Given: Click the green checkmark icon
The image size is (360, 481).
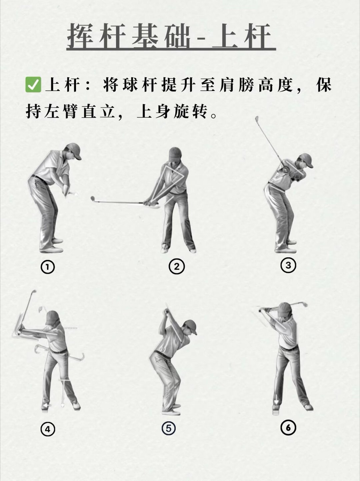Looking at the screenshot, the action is coord(33,85).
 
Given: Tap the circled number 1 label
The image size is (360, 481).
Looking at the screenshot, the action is coord(48,267).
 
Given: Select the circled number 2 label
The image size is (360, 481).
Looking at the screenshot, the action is coord(177,267).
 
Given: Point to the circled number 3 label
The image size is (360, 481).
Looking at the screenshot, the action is coord(288,265).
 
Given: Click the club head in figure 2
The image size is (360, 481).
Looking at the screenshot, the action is coord(93,199).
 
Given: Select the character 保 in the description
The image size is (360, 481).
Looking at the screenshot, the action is coord(324,85).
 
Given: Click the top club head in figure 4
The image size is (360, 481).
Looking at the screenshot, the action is coord(34,292).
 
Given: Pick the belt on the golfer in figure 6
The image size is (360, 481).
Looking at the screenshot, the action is coord(289,348).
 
